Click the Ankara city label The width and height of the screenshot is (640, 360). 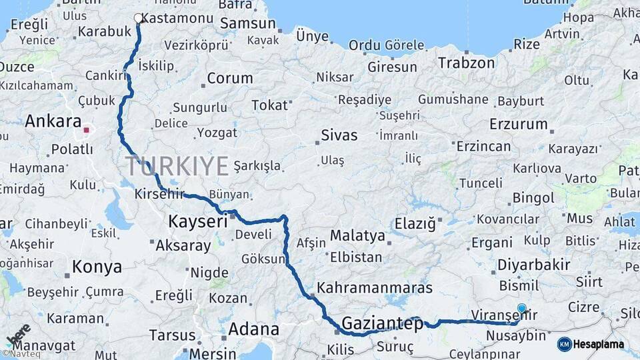(53, 121)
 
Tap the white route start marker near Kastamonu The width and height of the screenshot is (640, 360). (138, 18)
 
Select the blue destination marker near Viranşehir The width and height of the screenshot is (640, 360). (521, 309)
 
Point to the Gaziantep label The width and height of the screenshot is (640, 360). (382, 325)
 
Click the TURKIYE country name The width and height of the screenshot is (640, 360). (177, 166)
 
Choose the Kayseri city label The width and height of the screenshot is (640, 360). (198, 221)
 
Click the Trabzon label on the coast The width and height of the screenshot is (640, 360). (467, 63)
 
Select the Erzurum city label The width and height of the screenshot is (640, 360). (518, 124)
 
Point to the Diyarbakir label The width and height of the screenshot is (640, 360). (533, 265)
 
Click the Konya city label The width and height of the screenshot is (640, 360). (97, 267)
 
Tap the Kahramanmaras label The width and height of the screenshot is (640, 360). (375, 289)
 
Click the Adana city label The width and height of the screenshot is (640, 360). (253, 329)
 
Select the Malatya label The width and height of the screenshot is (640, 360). (357, 235)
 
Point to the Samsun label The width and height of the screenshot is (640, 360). (247, 23)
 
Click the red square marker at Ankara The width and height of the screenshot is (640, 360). (86, 129)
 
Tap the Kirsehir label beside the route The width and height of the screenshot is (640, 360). (159, 194)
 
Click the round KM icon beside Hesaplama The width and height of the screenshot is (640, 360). (564, 344)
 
